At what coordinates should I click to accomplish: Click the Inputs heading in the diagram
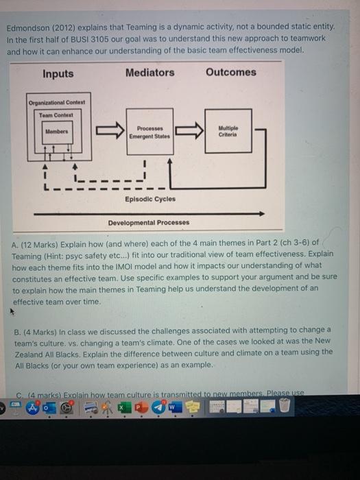(x=58, y=74)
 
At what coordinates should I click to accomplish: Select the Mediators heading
(x=150, y=73)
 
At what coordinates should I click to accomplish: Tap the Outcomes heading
(x=230, y=72)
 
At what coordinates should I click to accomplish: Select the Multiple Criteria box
(x=228, y=130)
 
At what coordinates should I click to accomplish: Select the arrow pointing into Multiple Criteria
(x=190, y=130)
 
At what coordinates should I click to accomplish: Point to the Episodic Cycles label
(x=149, y=200)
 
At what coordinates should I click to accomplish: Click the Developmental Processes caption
(x=148, y=223)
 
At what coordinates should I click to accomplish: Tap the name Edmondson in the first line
(x=29, y=28)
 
